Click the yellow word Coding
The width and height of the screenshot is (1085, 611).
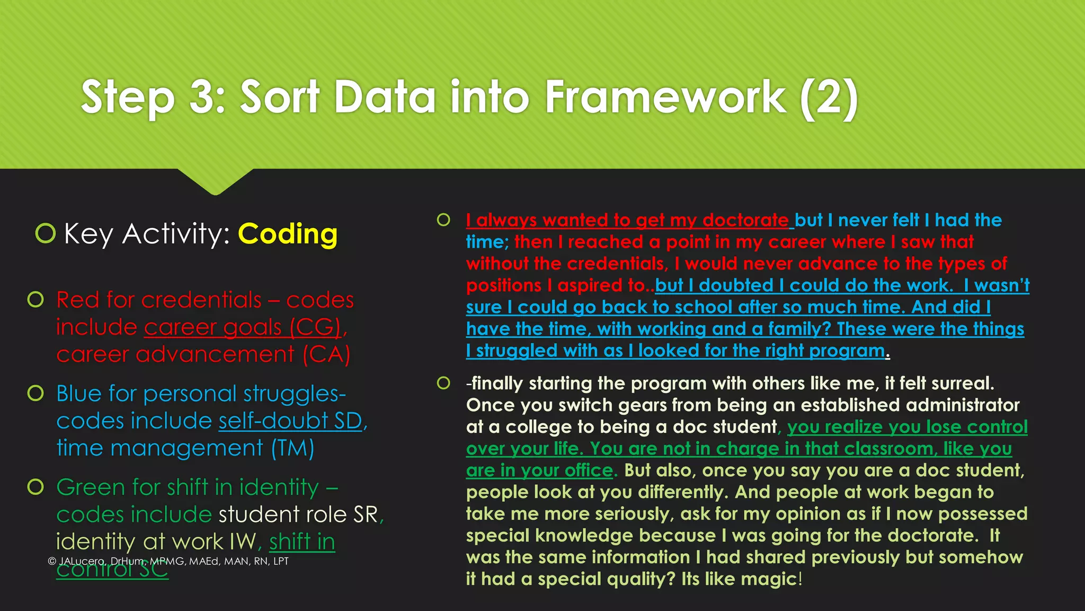(x=288, y=234)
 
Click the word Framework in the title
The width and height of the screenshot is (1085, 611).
(x=665, y=97)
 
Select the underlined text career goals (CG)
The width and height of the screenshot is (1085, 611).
(x=242, y=327)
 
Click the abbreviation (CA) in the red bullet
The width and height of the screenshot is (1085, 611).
(x=326, y=354)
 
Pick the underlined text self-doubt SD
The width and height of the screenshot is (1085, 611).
(x=290, y=421)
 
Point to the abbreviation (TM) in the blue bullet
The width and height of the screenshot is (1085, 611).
(x=292, y=448)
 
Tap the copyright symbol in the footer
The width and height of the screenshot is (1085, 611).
(x=51, y=561)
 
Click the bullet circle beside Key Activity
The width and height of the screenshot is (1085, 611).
(x=46, y=233)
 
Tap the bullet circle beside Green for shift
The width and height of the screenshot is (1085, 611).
(x=35, y=486)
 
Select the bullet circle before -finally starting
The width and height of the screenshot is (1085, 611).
(x=443, y=382)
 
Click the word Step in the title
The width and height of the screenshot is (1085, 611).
(x=128, y=98)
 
